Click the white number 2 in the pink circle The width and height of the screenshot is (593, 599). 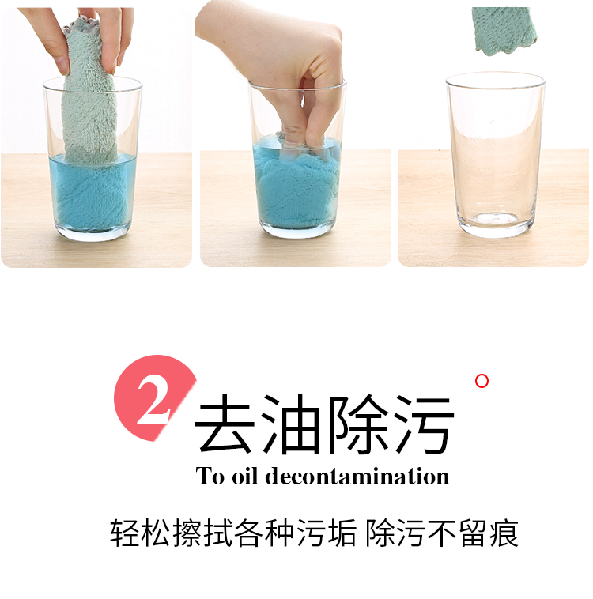click(153, 401)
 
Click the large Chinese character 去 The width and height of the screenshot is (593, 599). click(225, 424)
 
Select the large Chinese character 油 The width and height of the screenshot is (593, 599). click(291, 424)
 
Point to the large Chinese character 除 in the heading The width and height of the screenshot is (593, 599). click(357, 424)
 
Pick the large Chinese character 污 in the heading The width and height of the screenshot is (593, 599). click(425, 424)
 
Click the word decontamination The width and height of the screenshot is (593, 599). click(357, 476)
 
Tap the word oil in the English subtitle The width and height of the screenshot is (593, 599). click(244, 476)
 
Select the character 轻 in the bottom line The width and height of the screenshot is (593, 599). click(125, 533)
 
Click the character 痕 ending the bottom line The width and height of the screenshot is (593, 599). click(504, 533)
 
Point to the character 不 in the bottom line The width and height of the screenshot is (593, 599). click(442, 533)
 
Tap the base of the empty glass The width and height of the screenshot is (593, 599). click(496, 224)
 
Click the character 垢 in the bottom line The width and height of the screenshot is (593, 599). click(341, 533)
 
